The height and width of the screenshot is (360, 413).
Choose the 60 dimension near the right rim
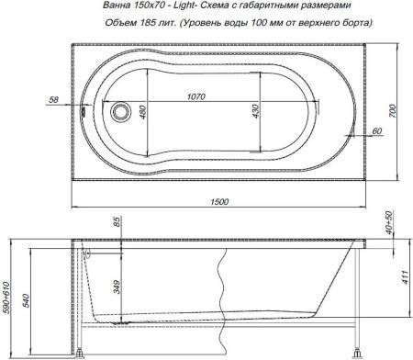click(x=376, y=131)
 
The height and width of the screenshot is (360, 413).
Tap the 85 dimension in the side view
click(x=117, y=223)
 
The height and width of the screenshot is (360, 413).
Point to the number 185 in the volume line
click(x=149, y=23)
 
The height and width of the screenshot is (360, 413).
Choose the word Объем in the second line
click(x=121, y=23)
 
